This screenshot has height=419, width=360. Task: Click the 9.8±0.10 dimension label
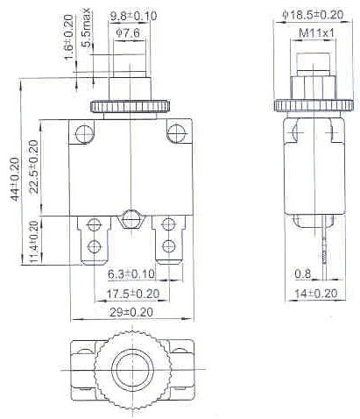pyautogui.click(x=132, y=16)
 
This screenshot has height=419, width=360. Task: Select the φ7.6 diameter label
pyautogui.click(x=131, y=33)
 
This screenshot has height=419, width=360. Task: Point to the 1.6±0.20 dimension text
pyautogui.click(x=68, y=37)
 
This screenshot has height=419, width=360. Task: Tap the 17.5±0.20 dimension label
pyautogui.click(x=133, y=293)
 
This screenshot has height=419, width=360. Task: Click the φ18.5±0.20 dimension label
pyautogui.click(x=313, y=15)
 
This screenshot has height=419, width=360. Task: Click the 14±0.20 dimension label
pyautogui.click(x=313, y=294)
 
